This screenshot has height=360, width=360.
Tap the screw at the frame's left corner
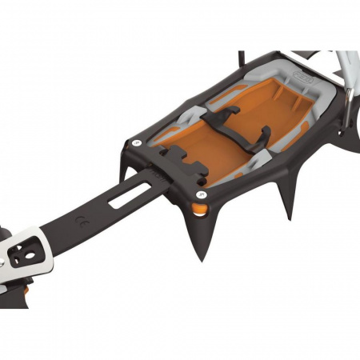pyautogui.click(x=137, y=142)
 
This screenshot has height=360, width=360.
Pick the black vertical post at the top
pyautogui.click(x=242, y=60)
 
